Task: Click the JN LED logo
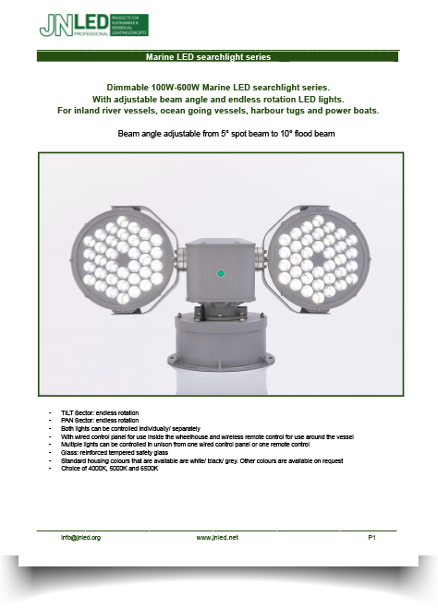(92, 25)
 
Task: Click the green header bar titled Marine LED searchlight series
(217, 57)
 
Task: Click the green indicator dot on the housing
(220, 274)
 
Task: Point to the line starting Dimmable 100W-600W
(218, 86)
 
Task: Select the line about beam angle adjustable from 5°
(226, 134)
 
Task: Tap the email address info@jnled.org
(81, 537)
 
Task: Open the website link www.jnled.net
(217, 537)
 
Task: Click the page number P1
(371, 537)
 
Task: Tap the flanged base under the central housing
(220, 332)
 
